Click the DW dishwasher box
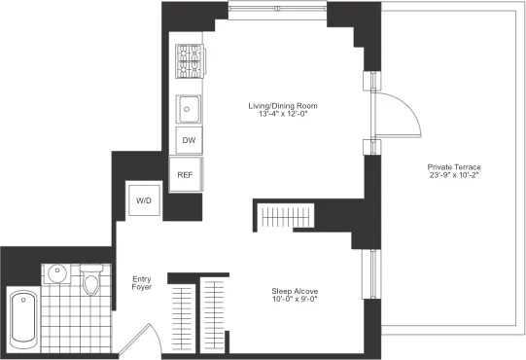[x=189, y=141]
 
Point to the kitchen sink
[x=188, y=108]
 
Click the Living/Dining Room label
[x=281, y=105]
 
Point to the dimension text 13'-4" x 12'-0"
[x=281, y=115]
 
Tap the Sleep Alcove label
[x=294, y=290]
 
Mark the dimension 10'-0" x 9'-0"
[x=294, y=300]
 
